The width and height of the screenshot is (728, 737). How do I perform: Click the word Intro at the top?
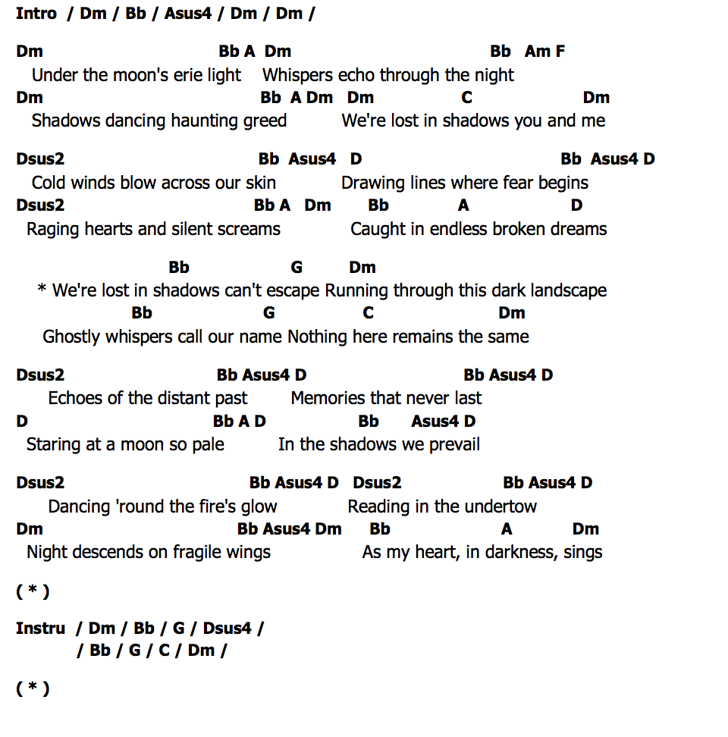click(36, 13)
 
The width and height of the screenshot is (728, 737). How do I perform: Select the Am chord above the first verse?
click(538, 52)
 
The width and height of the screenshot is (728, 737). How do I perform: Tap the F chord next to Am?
click(560, 52)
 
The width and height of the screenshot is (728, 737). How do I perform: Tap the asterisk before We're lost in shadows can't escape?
click(42, 290)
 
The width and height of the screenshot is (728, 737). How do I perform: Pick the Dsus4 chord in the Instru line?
click(227, 628)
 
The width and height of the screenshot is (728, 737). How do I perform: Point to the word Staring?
click(55, 444)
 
